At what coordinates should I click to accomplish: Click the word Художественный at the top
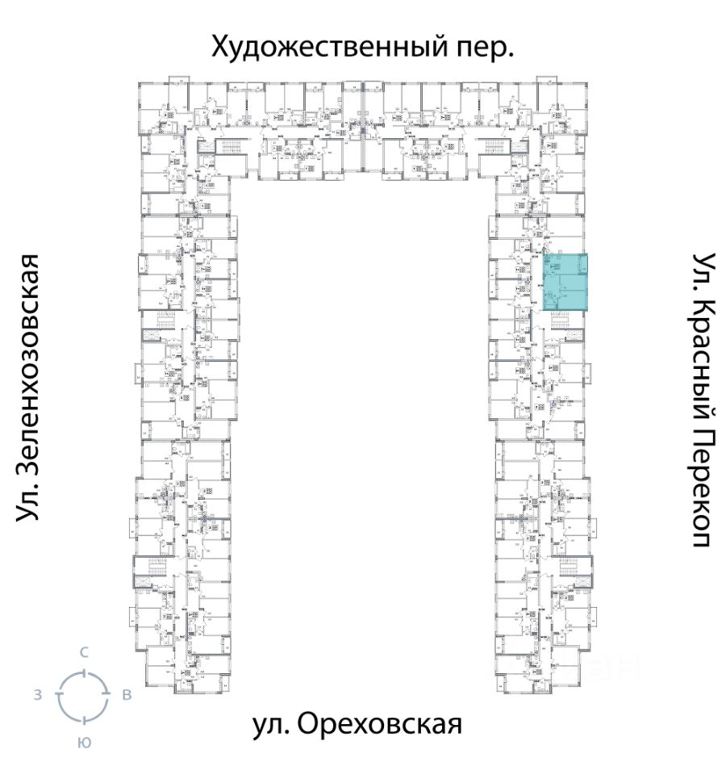pyautogui.click(x=323, y=47)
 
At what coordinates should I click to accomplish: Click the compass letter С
pyautogui.click(x=83, y=652)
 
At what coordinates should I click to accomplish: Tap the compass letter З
pyautogui.click(x=38, y=695)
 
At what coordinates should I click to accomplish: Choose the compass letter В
pyautogui.click(x=127, y=695)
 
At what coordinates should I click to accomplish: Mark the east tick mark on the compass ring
pyautogui.click(x=106, y=694)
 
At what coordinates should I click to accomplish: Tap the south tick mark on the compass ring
pyautogui.click(x=82, y=718)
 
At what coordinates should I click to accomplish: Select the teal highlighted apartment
pyautogui.click(x=565, y=282)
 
